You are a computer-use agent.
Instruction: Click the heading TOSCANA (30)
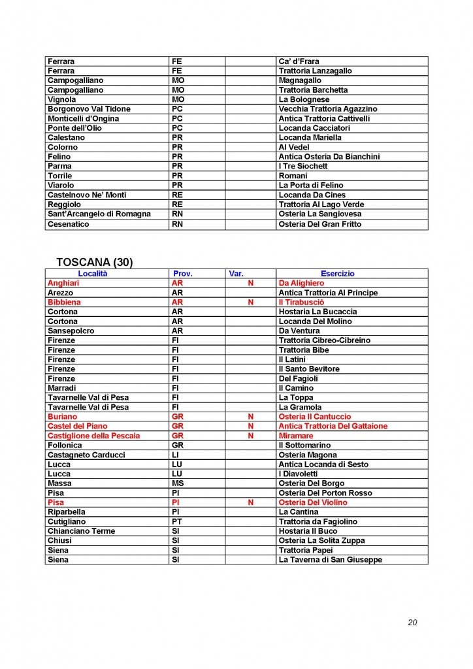point(94,262)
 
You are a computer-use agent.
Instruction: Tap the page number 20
point(412,622)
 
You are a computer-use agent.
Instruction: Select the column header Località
point(93,274)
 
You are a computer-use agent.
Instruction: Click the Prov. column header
point(182,274)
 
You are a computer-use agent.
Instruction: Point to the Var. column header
point(236,274)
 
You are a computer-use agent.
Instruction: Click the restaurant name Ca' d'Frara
point(299,61)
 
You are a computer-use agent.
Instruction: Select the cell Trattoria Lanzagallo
point(315,71)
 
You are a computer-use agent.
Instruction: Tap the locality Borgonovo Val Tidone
point(89,109)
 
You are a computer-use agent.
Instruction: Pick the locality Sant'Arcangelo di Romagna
point(99,214)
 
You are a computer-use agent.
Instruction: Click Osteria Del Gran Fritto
point(319,224)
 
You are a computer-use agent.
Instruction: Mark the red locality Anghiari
point(63,284)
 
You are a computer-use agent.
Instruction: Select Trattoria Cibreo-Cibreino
point(324,340)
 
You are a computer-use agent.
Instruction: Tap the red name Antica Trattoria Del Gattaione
point(333,426)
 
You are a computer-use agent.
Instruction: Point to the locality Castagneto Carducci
point(86,455)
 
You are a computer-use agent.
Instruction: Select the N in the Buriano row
point(250,417)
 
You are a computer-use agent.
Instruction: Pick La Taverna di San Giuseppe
point(330,560)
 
